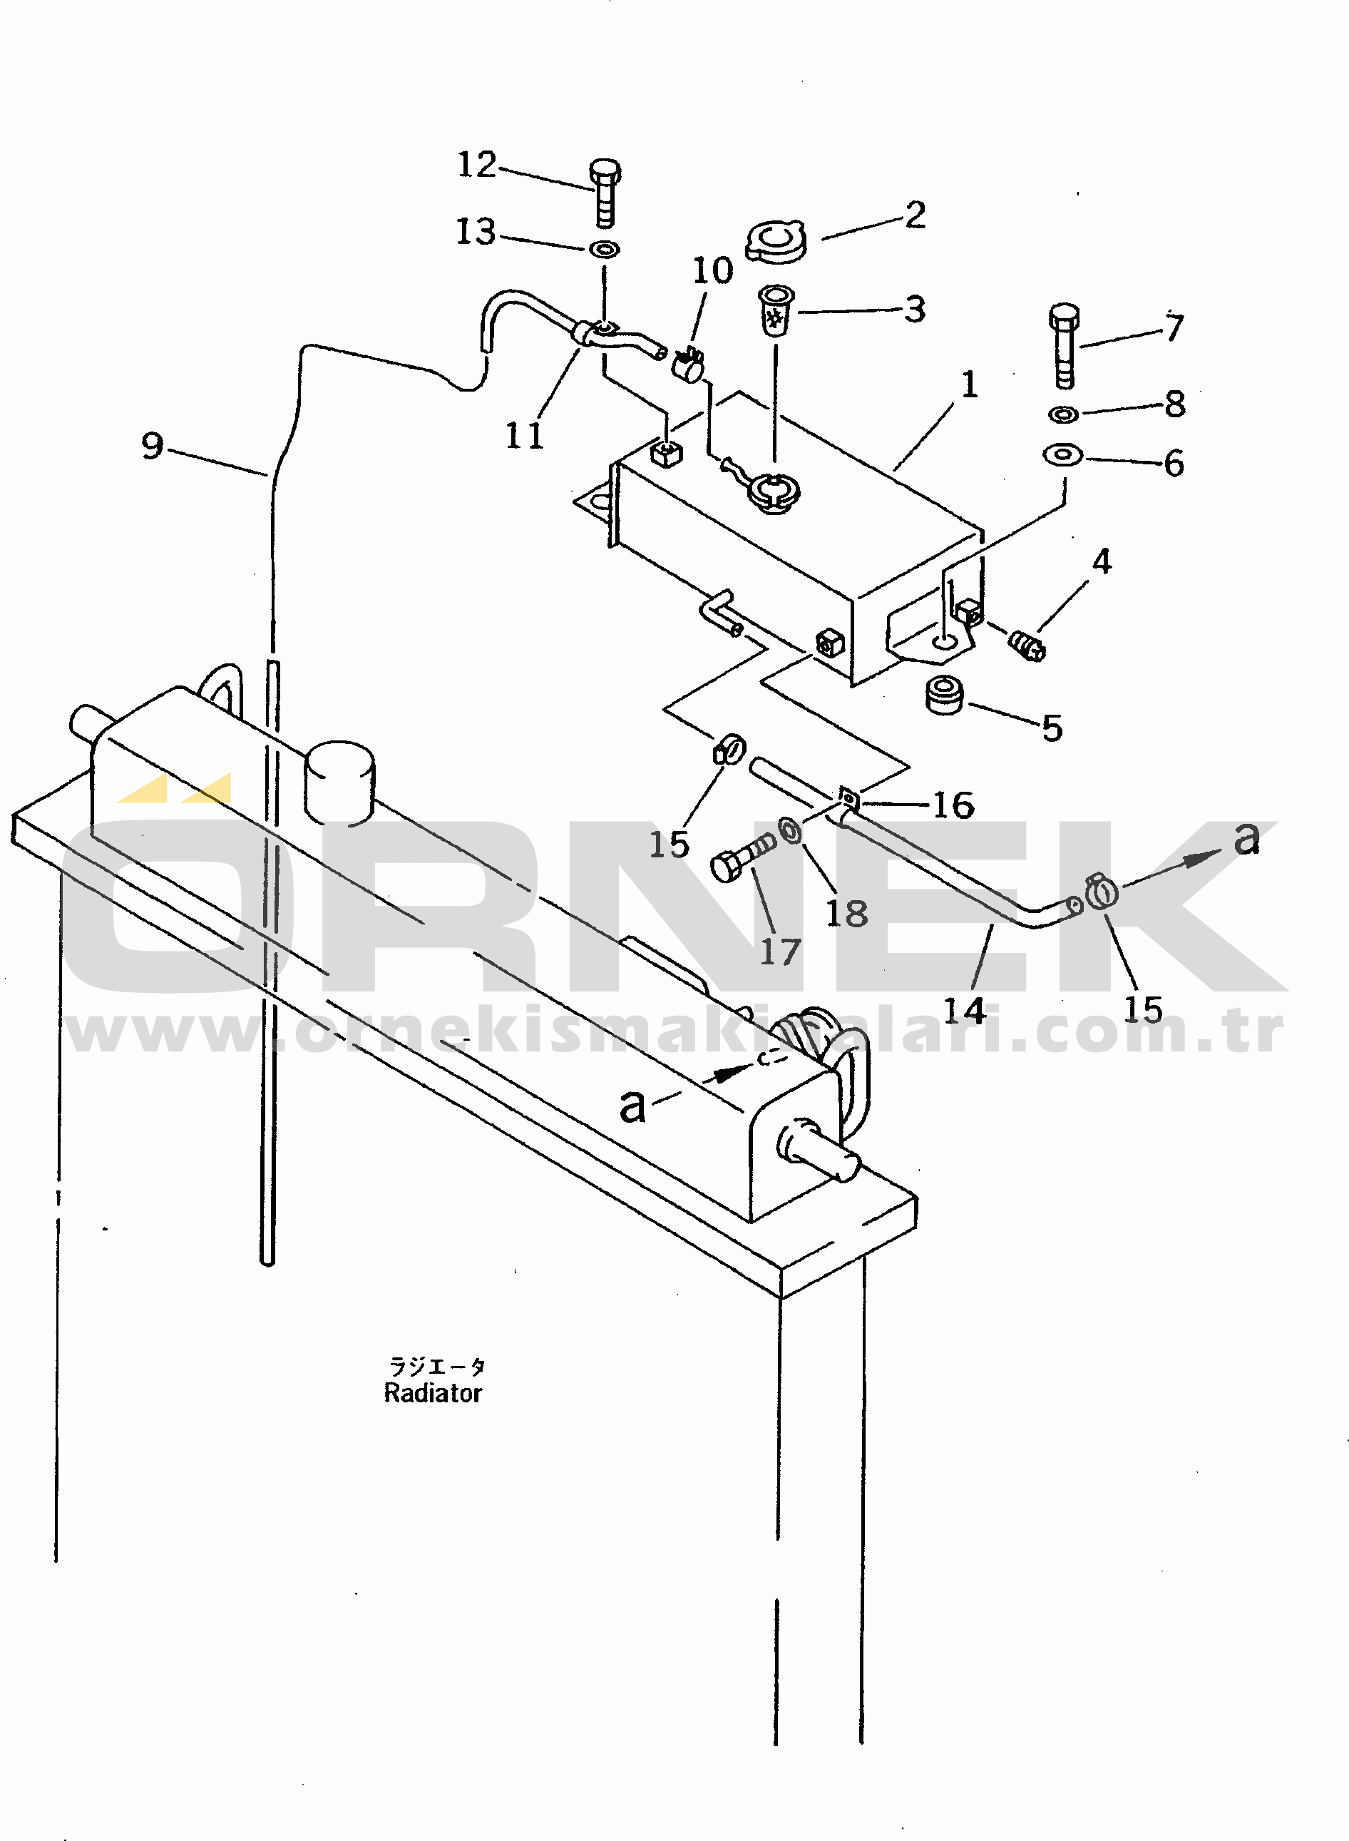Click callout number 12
pos(477,165)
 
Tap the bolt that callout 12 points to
pos(605,193)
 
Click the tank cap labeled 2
pos(776,241)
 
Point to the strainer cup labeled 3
pos(776,310)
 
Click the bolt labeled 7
pos(1064,345)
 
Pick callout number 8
pos(1175,404)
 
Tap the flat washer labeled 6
pos(1063,454)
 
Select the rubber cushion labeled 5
pos(945,695)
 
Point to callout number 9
pos(153,446)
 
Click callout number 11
pos(524,435)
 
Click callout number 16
pos(953,805)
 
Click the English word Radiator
pos(433,1393)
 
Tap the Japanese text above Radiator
pos(437,1367)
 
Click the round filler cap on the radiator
pos(339,782)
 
